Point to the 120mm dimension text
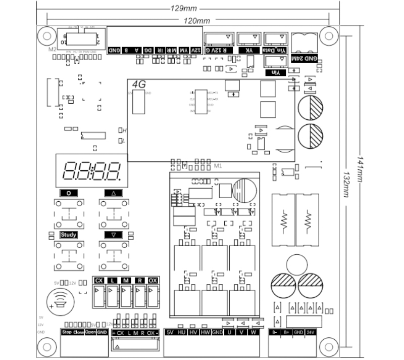(x=196, y=20)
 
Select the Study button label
(x=69, y=235)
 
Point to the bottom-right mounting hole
(x=329, y=347)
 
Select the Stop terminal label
(x=67, y=332)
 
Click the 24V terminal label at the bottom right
(x=311, y=332)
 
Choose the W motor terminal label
(x=254, y=332)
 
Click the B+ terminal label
(x=286, y=332)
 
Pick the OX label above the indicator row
(x=153, y=281)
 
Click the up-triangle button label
(x=114, y=193)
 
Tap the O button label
(x=69, y=193)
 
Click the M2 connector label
(x=52, y=50)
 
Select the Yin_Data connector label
(x=275, y=51)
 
